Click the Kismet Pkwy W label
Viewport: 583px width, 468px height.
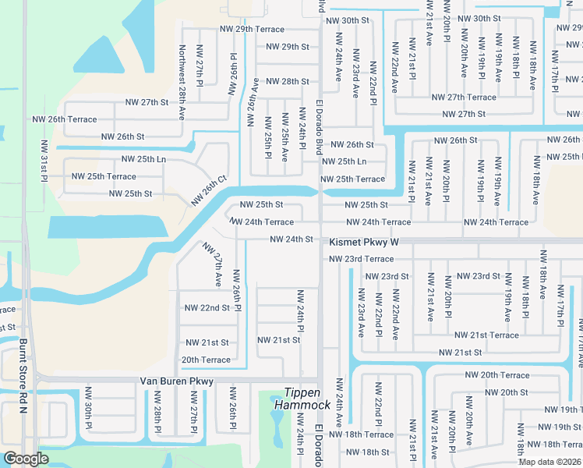tap(363, 243)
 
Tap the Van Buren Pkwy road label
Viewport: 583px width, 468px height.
tap(176, 381)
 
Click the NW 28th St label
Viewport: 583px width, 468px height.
tap(288, 81)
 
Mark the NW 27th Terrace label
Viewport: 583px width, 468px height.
tap(464, 97)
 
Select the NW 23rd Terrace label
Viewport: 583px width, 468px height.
tap(362, 259)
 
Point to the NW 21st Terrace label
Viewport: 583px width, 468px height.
tap(486, 335)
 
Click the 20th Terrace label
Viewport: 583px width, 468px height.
tap(206, 360)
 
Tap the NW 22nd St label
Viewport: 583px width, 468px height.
tap(207, 308)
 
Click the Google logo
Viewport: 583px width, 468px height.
tap(26, 458)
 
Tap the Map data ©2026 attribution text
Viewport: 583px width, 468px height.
tap(550, 462)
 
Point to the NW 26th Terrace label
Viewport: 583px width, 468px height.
tap(65, 119)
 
